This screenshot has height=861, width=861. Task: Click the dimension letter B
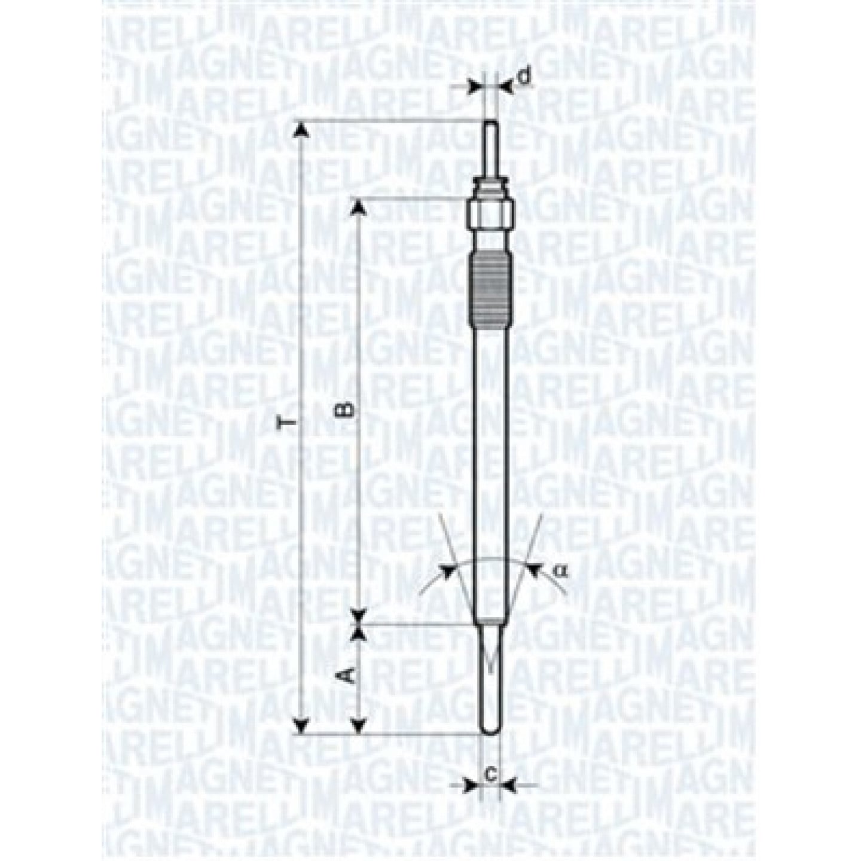344,410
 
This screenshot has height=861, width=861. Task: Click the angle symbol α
561,570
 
